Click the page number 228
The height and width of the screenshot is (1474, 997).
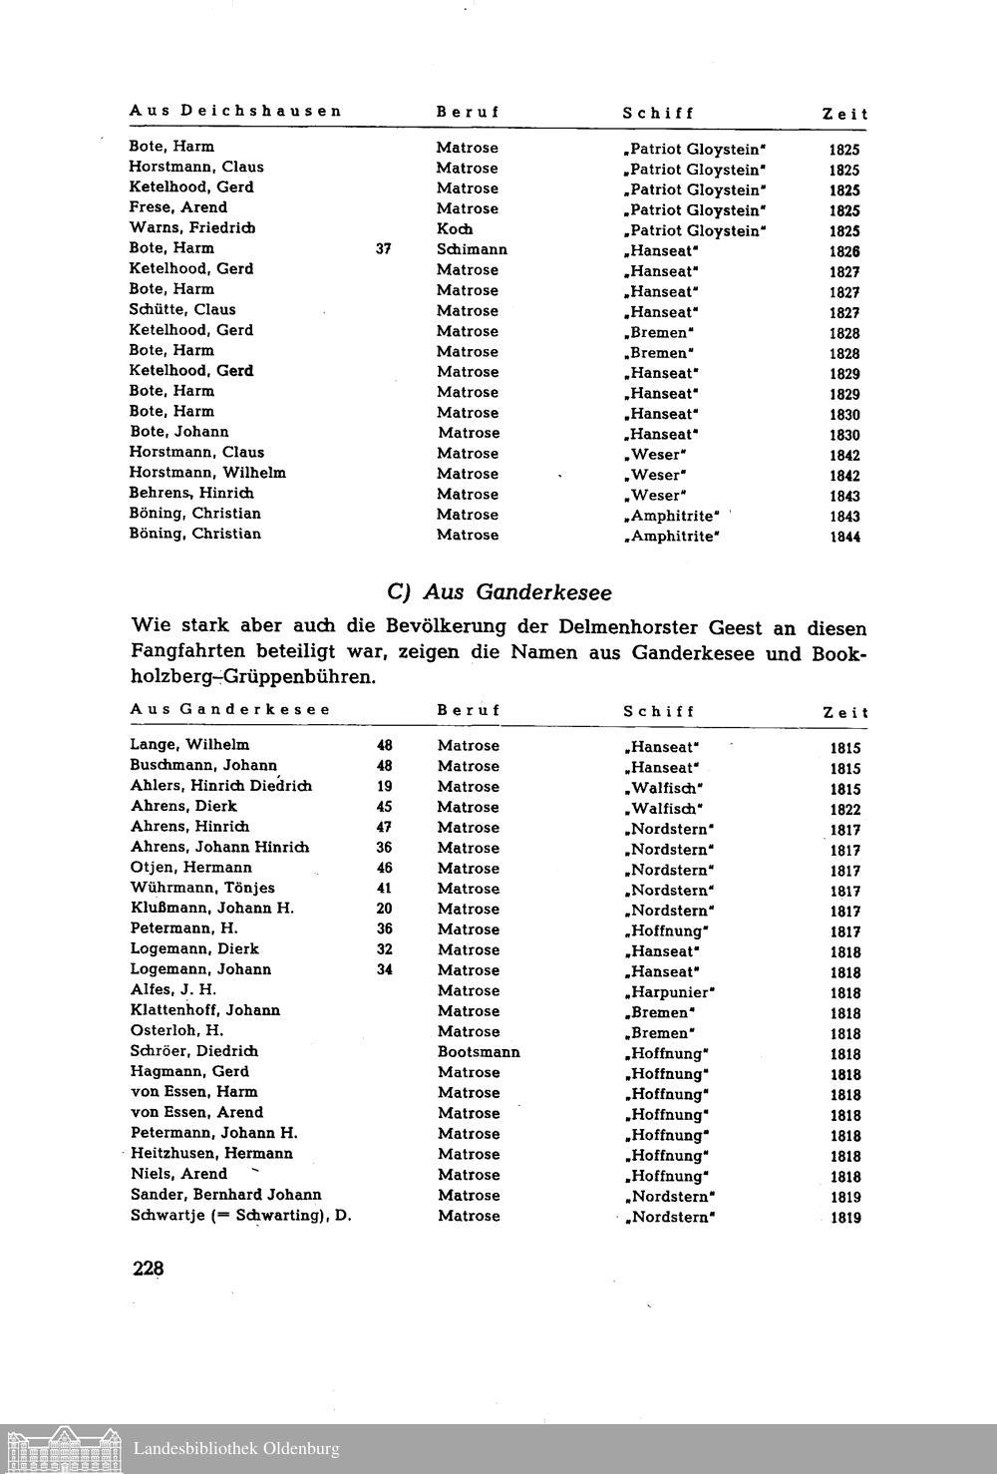(148, 1269)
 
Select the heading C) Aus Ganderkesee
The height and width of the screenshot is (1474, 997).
(498, 592)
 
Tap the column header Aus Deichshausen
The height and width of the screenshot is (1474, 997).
(235, 111)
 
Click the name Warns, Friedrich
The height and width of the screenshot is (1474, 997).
(191, 228)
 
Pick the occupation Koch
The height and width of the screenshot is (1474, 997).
(455, 229)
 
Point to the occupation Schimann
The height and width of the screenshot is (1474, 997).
(472, 249)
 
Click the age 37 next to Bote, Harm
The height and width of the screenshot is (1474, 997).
(384, 249)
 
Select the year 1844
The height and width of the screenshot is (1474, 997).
(844, 537)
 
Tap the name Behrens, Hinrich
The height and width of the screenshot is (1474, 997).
(191, 494)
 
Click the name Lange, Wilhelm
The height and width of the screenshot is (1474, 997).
(189, 745)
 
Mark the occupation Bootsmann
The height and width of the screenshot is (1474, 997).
(479, 1052)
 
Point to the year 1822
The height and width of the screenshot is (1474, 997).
(845, 810)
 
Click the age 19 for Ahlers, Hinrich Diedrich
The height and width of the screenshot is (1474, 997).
(385, 786)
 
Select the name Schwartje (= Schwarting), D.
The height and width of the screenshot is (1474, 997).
(241, 1216)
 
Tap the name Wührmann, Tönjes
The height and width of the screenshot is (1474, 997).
(202, 888)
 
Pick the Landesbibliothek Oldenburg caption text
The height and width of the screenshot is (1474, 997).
(236, 1449)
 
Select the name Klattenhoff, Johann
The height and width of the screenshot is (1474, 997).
(205, 1010)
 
